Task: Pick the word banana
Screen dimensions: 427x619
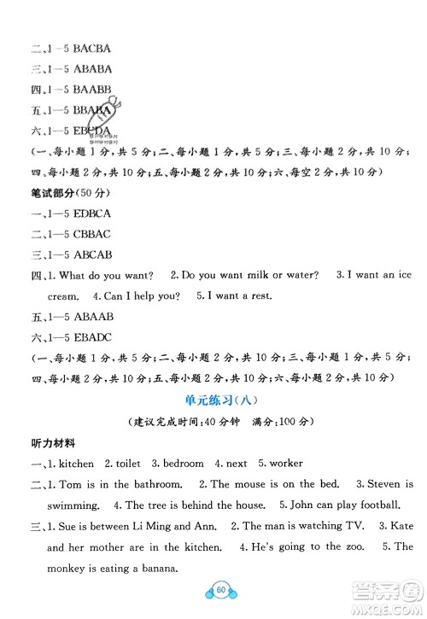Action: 155,567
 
